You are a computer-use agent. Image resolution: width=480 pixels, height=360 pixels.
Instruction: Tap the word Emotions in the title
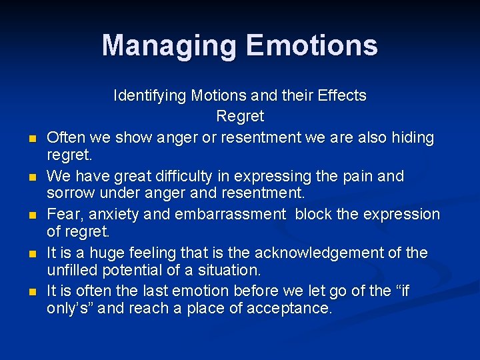pos(311,45)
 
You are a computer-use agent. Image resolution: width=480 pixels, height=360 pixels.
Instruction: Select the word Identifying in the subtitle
pos(150,95)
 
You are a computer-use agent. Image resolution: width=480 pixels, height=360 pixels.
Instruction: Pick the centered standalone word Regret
pos(240,116)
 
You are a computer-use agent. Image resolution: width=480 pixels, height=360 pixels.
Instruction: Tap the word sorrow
pos(69,193)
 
